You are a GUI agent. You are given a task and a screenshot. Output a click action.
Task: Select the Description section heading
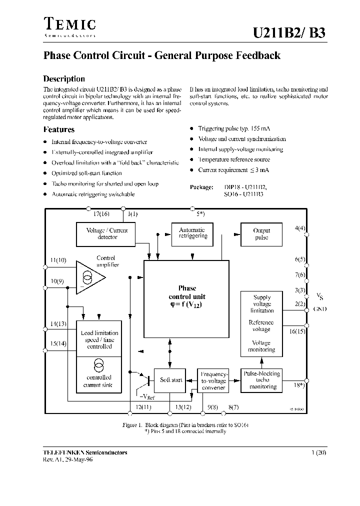pyautogui.click(x=64, y=79)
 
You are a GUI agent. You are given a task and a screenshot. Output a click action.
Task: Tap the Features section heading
pyautogui.click(x=59, y=129)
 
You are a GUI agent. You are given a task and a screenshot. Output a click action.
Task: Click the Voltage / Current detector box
pyautogui.click(x=107, y=234)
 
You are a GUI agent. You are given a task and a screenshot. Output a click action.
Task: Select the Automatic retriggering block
pyautogui.click(x=192, y=233)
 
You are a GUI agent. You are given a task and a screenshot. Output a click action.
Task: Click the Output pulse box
pyautogui.click(x=261, y=234)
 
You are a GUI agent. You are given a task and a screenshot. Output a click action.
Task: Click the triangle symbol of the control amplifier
pyautogui.click(x=89, y=277)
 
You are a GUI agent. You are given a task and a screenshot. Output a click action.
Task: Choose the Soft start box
pyautogui.click(x=171, y=380)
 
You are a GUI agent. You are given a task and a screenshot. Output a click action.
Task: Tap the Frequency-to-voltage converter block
pyautogui.click(x=213, y=380)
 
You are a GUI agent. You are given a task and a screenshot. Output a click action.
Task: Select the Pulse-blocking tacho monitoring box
pyautogui.click(x=261, y=380)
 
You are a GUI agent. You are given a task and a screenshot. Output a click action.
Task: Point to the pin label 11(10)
pyautogui.click(x=58, y=260)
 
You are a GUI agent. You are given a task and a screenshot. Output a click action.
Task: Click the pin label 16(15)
pyautogui.click(x=297, y=331)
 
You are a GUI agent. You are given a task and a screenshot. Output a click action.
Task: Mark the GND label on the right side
pyautogui.click(x=319, y=309)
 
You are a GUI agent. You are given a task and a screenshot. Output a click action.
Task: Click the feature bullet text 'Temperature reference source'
pyautogui.click(x=234, y=159)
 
